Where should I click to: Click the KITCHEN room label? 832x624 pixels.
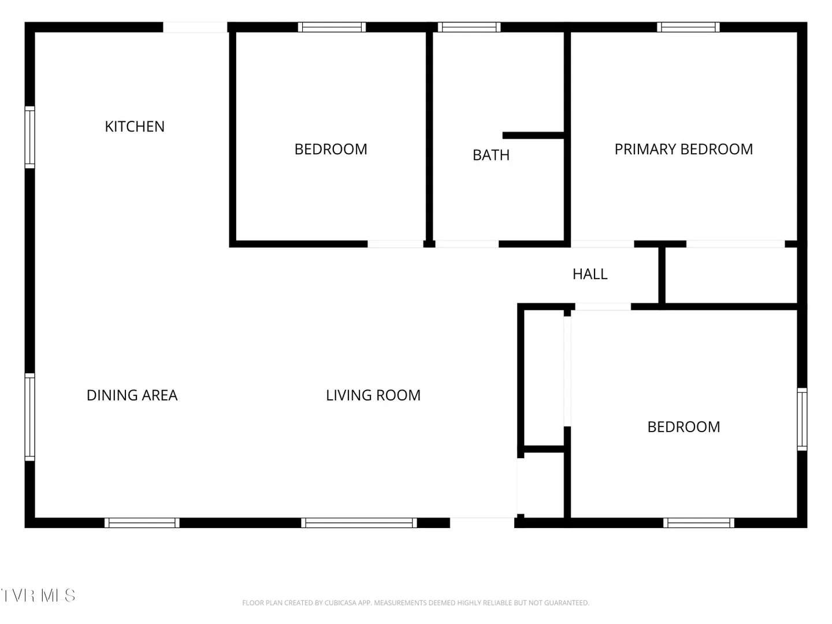click(135, 127)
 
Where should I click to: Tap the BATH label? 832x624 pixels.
click(491, 155)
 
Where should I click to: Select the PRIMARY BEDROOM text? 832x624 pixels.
click(684, 149)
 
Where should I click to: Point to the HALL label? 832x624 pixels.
click(590, 274)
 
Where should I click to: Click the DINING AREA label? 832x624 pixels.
click(132, 395)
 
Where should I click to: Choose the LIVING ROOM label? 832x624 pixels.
click(373, 395)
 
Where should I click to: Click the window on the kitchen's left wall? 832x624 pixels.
click(29, 137)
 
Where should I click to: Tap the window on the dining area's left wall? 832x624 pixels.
click(29, 417)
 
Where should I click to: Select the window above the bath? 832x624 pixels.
click(469, 27)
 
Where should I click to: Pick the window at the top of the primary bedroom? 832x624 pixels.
click(688, 27)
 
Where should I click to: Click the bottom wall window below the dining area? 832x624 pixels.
click(142, 523)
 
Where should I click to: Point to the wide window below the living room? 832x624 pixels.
click(359, 523)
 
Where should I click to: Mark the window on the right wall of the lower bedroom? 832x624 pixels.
click(802, 419)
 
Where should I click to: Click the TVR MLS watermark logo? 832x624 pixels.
click(38, 596)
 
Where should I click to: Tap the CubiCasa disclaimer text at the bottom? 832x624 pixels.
click(415, 603)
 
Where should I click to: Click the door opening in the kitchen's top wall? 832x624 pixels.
click(195, 27)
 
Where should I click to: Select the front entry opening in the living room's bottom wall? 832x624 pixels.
click(482, 523)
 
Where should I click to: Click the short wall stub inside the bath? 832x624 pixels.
click(533, 135)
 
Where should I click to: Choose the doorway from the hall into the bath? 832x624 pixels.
click(467, 244)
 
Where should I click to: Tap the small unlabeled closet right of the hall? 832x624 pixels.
click(731, 276)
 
